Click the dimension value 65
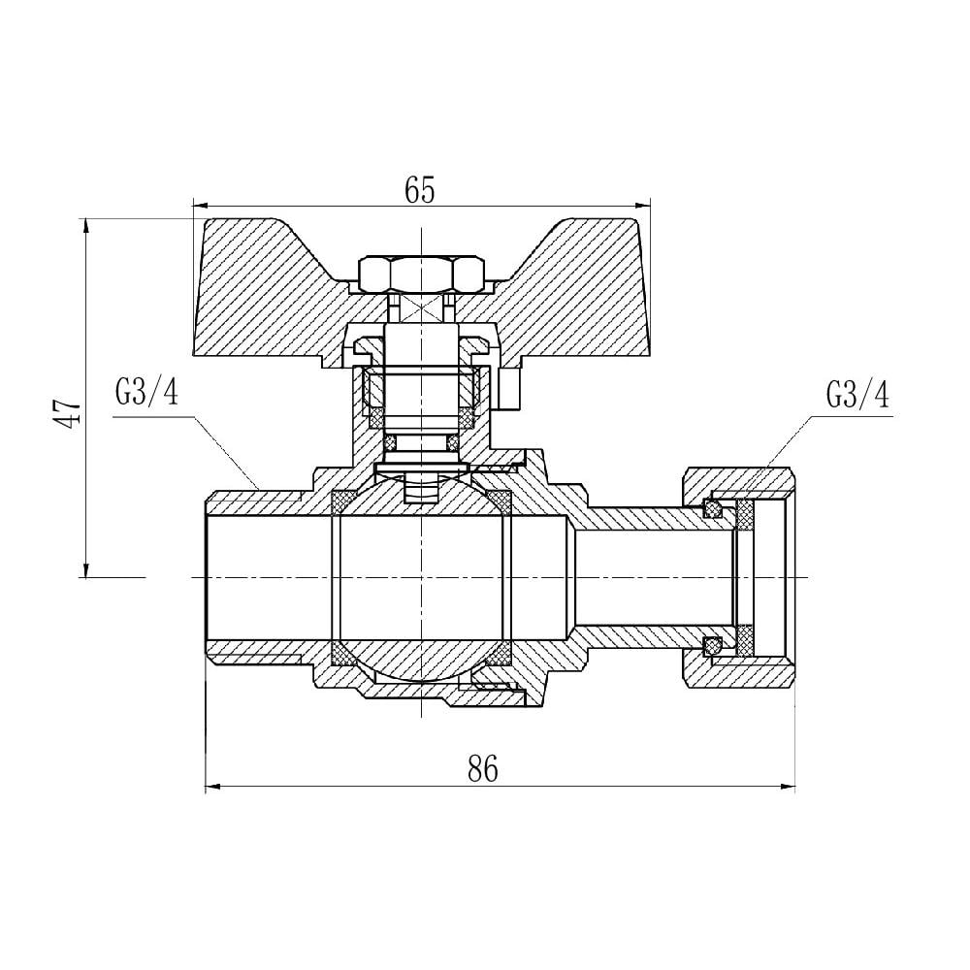pos(420,190)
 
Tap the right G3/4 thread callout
pos(857,395)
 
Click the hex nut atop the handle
pos(421,275)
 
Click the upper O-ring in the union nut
pos(713,508)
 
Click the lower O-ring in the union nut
pos(713,644)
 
